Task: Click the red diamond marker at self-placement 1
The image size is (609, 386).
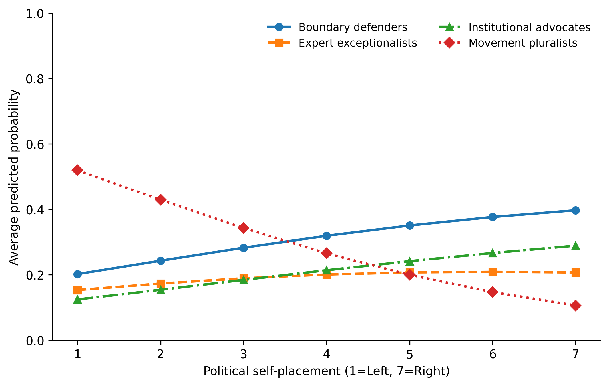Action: click(77, 170)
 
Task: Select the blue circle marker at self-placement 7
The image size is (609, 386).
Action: click(576, 210)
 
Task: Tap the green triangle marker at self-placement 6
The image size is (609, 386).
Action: click(493, 253)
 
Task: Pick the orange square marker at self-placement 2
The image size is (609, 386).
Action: click(161, 284)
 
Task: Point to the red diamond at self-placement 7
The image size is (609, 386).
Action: click(576, 306)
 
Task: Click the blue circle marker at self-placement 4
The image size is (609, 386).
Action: click(327, 236)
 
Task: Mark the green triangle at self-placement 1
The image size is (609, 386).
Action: click(77, 299)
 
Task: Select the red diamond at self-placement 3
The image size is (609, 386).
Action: click(244, 228)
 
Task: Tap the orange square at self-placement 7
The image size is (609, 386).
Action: click(576, 272)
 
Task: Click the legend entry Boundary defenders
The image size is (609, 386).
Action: click(337, 27)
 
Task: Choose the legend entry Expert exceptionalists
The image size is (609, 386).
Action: click(342, 43)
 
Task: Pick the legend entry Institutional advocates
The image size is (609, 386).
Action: click(514, 27)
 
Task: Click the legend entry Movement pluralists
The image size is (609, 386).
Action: click(508, 43)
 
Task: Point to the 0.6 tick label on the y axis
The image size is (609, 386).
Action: click(35, 144)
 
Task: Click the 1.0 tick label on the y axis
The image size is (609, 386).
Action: click(35, 13)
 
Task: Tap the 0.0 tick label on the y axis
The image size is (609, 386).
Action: click(35, 341)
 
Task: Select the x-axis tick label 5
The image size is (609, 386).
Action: click(409, 355)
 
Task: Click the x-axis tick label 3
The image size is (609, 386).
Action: click(244, 355)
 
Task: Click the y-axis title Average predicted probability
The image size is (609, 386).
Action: click(14, 177)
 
